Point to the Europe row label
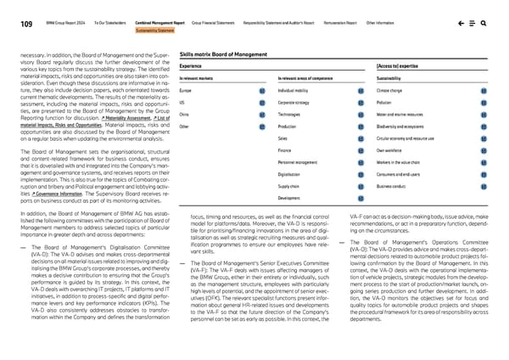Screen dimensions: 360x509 point(186,89)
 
